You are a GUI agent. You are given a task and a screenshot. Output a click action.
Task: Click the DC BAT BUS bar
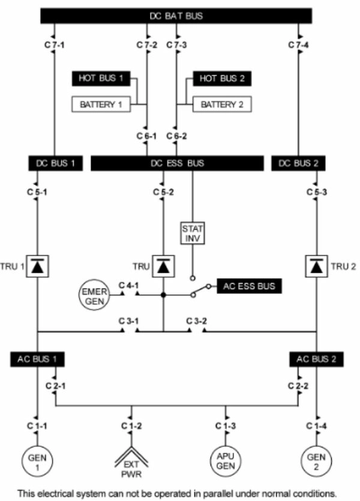[176, 16]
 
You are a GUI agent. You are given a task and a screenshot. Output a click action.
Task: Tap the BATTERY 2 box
[221, 104]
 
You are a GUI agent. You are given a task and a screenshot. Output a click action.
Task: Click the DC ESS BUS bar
[176, 163]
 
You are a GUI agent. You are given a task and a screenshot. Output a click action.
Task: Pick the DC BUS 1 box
[55, 163]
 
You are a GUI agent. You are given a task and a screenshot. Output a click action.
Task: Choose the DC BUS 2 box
[298, 163]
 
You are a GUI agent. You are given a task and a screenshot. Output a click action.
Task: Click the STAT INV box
[192, 232]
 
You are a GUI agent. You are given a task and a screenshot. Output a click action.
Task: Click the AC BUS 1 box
[38, 359]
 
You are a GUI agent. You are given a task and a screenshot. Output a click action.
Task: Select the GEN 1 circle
[38, 461]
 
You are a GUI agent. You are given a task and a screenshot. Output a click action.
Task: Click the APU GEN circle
[226, 461]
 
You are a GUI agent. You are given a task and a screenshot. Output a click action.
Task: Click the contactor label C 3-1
[128, 321]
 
